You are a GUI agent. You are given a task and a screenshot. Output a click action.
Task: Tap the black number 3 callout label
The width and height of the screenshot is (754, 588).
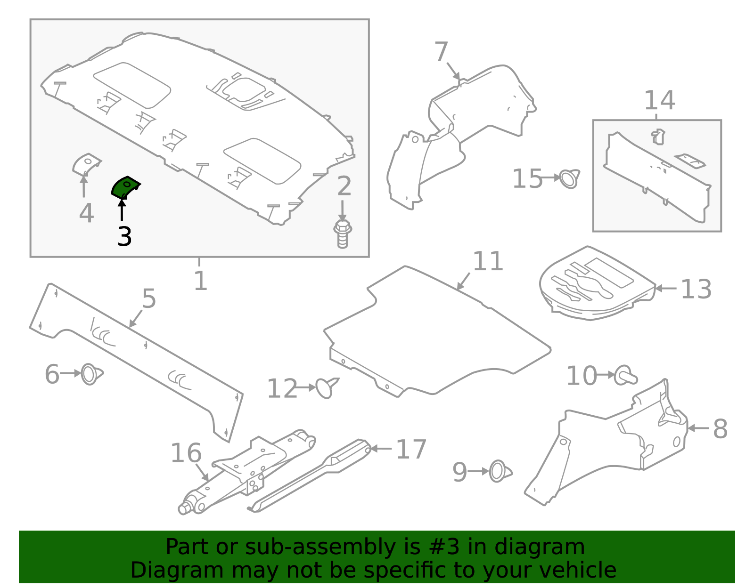[124, 237]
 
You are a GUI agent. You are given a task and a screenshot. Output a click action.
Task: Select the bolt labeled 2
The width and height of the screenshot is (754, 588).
[343, 234]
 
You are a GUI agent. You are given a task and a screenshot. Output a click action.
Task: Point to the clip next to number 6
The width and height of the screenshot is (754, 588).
[91, 374]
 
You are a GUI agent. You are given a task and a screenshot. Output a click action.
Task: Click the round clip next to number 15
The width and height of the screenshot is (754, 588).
[570, 179]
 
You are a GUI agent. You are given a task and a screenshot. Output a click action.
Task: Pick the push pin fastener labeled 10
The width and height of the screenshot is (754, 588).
[625, 376]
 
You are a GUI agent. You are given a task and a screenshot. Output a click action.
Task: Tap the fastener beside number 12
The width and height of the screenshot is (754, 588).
[327, 387]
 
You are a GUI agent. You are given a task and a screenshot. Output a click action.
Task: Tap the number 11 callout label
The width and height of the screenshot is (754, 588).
[488, 261]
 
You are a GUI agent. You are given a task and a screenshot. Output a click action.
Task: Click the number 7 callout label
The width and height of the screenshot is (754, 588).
[441, 51]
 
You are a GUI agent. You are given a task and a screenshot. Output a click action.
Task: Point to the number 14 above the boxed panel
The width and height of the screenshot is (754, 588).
[659, 100]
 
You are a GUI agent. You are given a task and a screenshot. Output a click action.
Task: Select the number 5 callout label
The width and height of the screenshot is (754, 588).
[149, 299]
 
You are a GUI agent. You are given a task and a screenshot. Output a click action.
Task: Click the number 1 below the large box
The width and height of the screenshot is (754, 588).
[200, 281]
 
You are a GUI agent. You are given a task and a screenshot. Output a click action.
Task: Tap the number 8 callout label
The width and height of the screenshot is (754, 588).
[720, 429]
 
